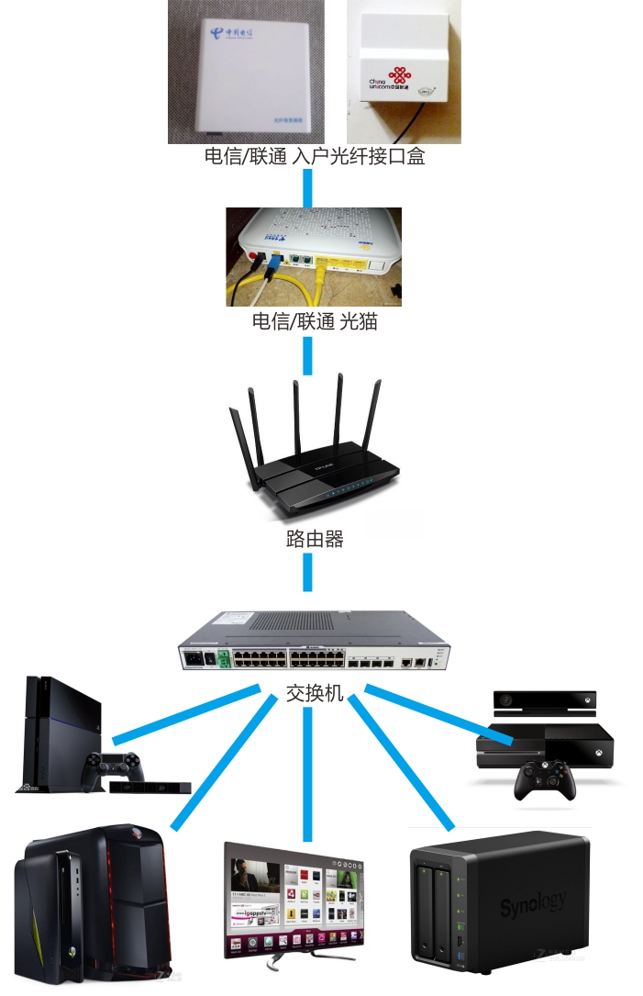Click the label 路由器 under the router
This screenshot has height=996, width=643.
tap(314, 539)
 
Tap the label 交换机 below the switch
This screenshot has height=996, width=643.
tap(314, 692)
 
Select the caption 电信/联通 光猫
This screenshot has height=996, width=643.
tap(314, 322)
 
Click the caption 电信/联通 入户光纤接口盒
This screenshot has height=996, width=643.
tap(314, 156)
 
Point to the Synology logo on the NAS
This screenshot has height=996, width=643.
tap(533, 905)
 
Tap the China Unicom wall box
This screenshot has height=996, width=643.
tap(404, 69)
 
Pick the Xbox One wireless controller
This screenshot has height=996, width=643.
tap(545, 780)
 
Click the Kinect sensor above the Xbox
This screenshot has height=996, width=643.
tap(545, 701)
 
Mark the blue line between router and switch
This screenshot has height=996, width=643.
tap(308, 573)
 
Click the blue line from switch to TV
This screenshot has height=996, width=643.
tap(308, 771)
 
